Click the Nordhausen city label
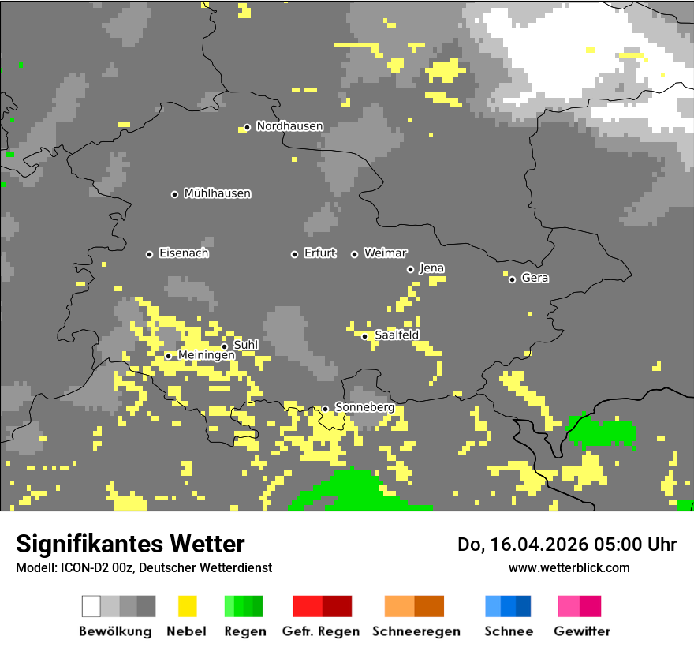click(289, 126)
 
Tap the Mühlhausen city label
click(217, 193)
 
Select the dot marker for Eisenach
click(149, 254)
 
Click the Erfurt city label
click(319, 253)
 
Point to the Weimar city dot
click(354, 254)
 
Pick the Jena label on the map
click(431, 268)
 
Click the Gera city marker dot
click(512, 279)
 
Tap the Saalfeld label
click(396, 335)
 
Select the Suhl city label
click(245, 345)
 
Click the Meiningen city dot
click(168, 356)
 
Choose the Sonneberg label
click(364, 407)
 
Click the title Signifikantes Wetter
click(130, 544)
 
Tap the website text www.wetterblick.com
click(569, 567)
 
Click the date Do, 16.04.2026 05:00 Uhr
click(566, 545)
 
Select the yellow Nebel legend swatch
click(187, 606)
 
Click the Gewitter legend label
click(581, 631)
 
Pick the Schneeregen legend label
click(416, 631)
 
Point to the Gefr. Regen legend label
click(321, 631)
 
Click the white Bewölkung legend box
click(91, 606)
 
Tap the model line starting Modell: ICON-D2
click(144, 567)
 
